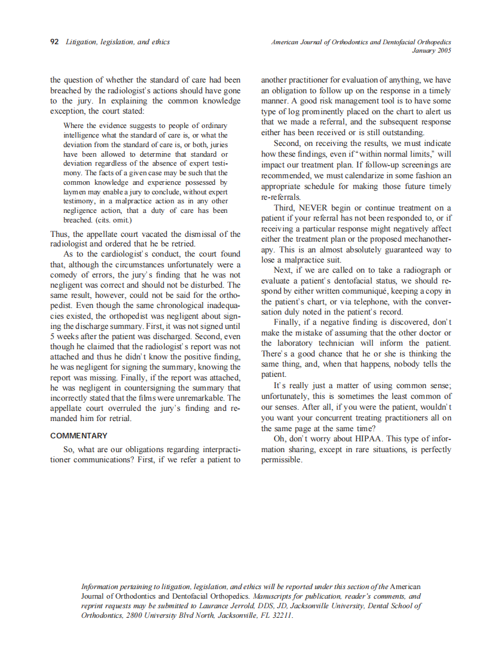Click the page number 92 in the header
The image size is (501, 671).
54,42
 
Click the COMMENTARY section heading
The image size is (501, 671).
79,436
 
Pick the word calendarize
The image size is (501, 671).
372,175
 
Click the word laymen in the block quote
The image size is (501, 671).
74,192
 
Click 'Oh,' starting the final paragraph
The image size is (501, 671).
279,438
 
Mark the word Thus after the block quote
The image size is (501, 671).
59,234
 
